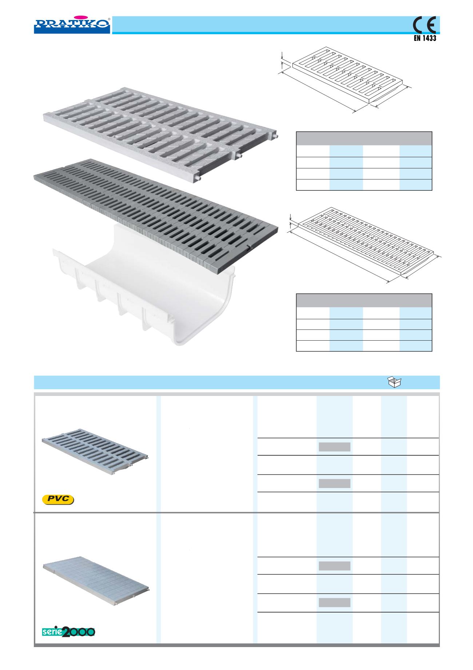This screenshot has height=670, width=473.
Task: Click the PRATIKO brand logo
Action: (72, 24)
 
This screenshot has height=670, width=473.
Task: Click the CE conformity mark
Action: (425, 25)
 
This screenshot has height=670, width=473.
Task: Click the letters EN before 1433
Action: (418, 38)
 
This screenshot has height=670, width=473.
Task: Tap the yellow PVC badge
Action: (58, 499)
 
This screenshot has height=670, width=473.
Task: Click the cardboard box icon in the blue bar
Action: (394, 382)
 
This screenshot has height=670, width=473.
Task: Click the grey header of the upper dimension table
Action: (364, 139)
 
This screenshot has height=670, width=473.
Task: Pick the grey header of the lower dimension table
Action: (364, 301)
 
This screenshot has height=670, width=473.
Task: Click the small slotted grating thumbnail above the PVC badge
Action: (95, 452)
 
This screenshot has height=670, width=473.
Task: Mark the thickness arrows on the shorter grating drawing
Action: (282, 61)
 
